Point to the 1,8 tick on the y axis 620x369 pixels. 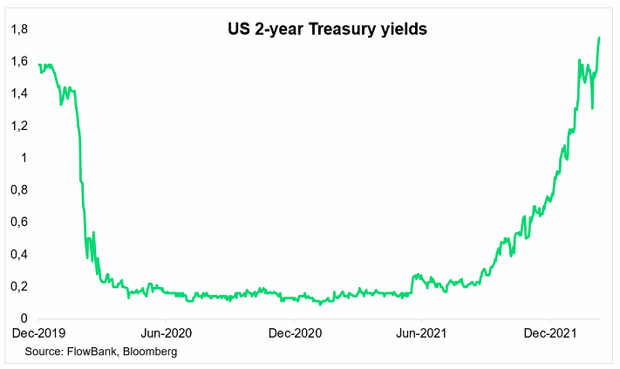click(18, 30)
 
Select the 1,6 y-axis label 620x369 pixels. click(18, 62)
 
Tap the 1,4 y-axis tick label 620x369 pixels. click(18, 94)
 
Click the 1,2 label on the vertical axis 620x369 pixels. click(18, 126)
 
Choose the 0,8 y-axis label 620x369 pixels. click(18, 190)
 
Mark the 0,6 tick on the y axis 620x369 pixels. click(18, 222)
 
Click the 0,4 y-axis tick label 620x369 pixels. click(18, 255)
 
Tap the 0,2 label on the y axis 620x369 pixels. click(18, 287)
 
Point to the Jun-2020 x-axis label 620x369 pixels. click(166, 333)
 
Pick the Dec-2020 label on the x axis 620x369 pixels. click(296, 333)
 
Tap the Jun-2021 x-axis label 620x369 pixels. click(422, 333)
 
